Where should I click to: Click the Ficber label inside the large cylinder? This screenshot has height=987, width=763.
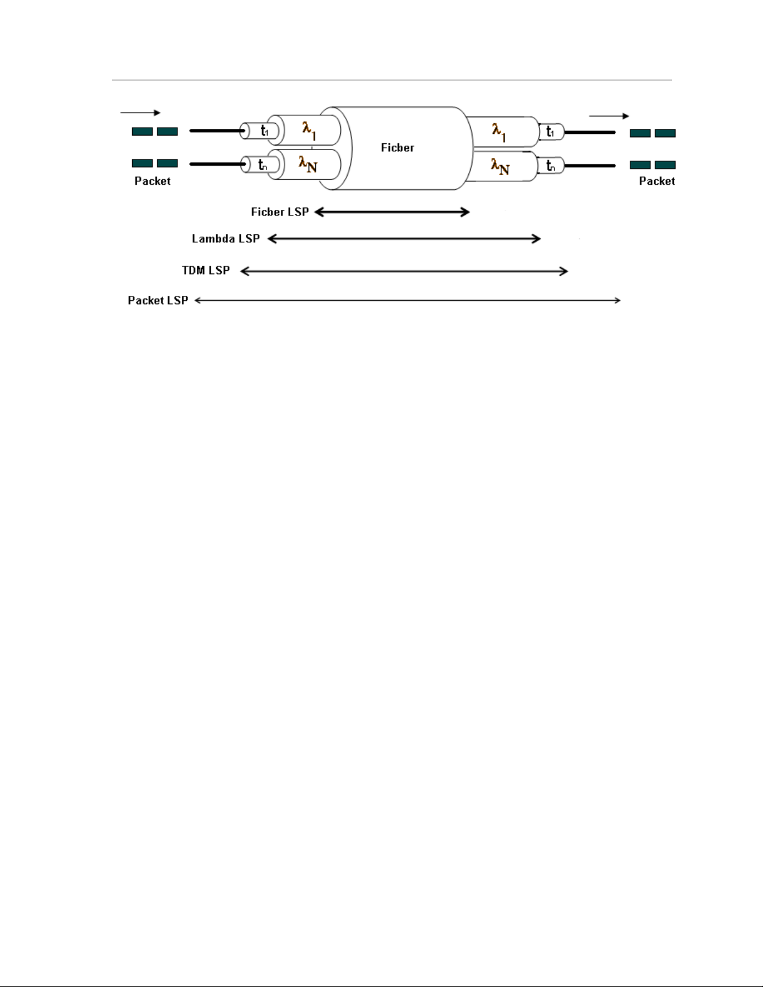[397, 148]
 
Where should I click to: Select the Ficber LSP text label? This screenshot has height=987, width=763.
[280, 212]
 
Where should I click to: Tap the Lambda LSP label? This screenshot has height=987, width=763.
[225, 238]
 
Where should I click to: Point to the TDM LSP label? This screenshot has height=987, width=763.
[206, 270]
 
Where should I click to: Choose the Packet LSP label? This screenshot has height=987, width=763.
[158, 300]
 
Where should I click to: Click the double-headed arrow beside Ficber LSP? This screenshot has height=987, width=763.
[392, 212]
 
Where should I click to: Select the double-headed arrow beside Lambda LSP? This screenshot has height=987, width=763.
[404, 238]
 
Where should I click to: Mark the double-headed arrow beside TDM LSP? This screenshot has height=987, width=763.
[404, 271]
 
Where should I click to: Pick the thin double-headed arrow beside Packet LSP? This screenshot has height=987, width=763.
[407, 300]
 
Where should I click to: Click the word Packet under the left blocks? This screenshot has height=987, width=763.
[153, 181]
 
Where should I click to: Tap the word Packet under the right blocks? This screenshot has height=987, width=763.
[656, 181]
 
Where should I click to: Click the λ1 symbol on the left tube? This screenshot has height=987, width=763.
[309, 130]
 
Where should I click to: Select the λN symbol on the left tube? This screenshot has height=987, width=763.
[308, 164]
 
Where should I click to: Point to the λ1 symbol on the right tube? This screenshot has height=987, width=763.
[499, 132]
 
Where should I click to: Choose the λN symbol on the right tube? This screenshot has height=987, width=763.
[500, 166]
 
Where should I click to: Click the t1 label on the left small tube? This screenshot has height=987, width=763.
[265, 131]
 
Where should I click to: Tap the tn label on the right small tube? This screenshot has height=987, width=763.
[551, 166]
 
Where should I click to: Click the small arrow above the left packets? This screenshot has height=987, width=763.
[140, 113]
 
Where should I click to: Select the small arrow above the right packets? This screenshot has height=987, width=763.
[609, 116]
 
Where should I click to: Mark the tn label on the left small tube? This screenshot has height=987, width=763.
[263, 165]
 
